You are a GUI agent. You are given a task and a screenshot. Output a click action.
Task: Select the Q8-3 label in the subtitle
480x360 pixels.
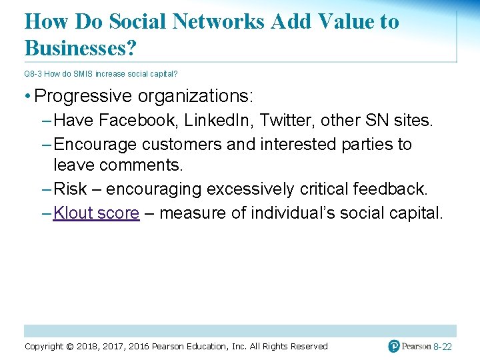pyautogui.click(x=33, y=74)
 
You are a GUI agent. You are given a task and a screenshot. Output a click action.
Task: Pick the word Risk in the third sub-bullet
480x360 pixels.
pyautogui.click(x=70, y=189)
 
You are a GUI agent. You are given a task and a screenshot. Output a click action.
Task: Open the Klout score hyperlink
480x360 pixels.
pyautogui.click(x=96, y=213)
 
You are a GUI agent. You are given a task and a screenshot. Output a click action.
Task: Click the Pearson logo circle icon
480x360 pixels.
pyautogui.click(x=394, y=346)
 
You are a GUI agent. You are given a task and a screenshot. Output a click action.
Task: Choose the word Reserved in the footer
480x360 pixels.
pyautogui.click(x=307, y=346)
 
